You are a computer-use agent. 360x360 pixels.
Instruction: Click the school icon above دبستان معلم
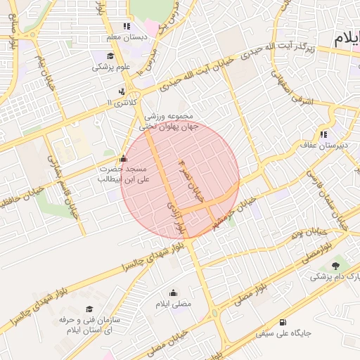tap(127, 26)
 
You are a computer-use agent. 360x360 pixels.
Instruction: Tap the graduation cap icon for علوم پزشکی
tap(110, 57)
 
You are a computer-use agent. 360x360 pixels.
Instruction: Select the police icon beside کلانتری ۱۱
tap(122, 91)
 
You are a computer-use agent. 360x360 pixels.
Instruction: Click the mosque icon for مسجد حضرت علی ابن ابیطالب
tap(124, 158)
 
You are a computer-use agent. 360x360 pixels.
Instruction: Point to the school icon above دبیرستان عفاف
tap(323, 134)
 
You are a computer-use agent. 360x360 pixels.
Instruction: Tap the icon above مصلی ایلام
tap(174, 293)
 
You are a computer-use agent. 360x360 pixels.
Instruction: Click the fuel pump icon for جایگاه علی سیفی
tap(283, 322)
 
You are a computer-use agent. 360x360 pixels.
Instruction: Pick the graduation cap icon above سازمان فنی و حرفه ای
tap(89, 309)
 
